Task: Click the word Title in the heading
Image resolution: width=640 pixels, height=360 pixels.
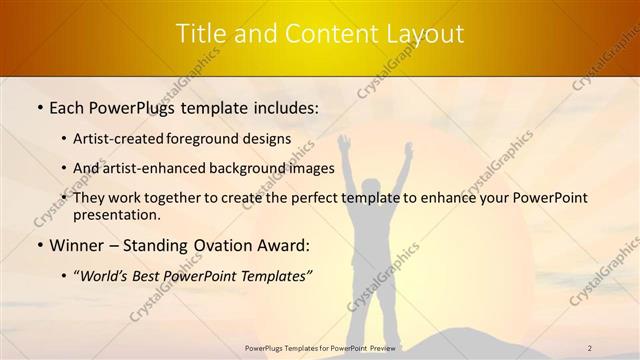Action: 203,34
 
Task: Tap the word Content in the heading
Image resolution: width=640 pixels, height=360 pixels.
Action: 317,34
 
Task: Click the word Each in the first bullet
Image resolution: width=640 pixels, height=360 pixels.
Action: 68,106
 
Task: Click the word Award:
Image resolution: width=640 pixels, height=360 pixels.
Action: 286,245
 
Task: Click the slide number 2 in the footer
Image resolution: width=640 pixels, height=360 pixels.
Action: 590,348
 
